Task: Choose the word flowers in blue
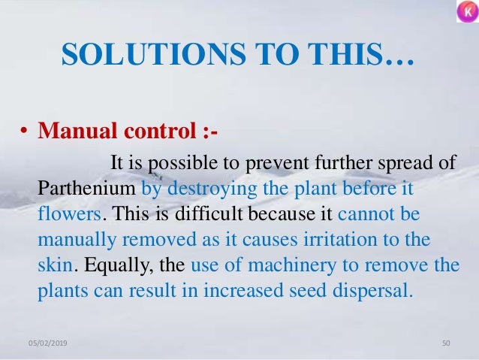click(x=68, y=213)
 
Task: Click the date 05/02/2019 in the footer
click(x=44, y=343)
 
